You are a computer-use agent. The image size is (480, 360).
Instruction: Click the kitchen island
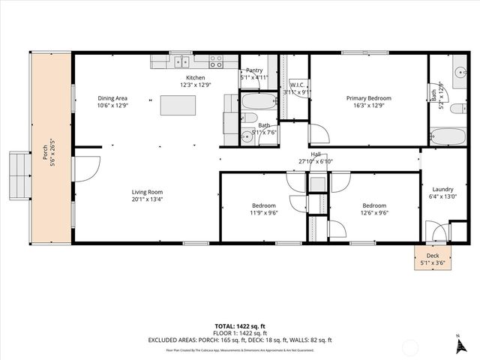point(178,105)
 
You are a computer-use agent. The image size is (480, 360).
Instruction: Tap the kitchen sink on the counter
point(183,61)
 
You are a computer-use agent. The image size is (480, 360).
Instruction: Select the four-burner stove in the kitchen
point(215,61)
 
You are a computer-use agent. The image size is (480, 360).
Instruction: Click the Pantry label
point(254,70)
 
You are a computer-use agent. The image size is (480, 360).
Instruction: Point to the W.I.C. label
point(296,85)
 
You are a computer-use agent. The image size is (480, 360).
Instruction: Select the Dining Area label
point(112,98)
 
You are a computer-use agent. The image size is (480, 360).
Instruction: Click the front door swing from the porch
point(85,166)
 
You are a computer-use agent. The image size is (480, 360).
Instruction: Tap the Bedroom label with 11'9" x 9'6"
point(263,205)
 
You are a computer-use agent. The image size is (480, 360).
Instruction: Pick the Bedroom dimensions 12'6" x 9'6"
point(374,212)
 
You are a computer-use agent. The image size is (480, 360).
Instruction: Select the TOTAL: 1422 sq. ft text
point(239,325)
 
